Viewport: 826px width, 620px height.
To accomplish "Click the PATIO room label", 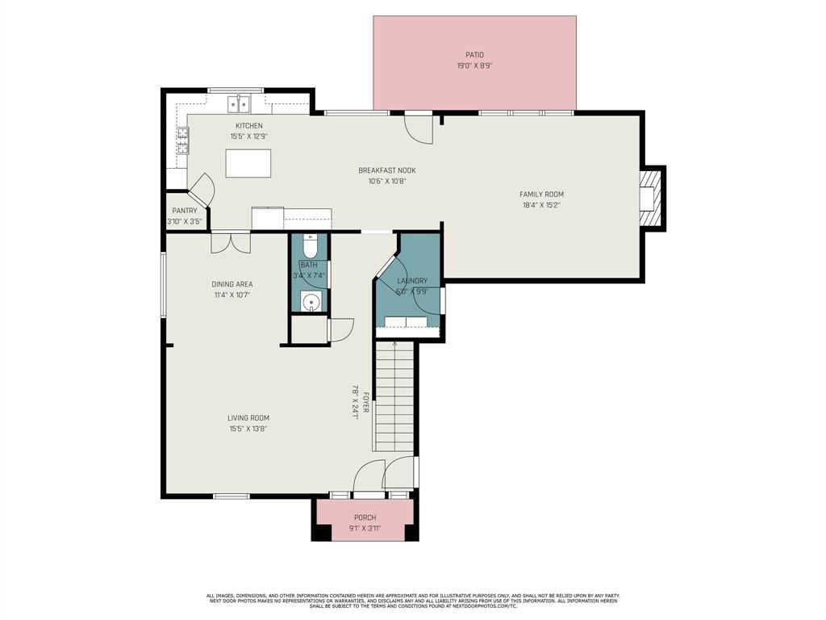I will pos(474,55).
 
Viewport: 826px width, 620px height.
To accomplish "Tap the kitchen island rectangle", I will pos(248,163).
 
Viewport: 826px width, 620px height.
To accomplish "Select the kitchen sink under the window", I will pos(238,103).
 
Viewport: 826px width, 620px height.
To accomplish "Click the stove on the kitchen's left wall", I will pos(183,141).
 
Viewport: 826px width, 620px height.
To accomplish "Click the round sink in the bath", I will pos(311,302).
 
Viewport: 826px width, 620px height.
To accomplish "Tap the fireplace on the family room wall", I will pos(650,199).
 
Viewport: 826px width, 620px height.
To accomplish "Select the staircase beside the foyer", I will pos(394,396).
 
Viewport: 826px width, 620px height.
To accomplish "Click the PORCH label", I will pos(365,517).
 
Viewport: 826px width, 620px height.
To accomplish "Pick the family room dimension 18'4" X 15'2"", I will pos(541,205).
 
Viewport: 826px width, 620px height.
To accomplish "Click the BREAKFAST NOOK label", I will pos(387,170).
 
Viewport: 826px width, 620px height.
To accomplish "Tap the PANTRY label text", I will pos(184,211).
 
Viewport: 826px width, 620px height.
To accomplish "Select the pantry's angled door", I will pos(202,191).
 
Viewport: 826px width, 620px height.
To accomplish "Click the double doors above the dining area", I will pos(230,242).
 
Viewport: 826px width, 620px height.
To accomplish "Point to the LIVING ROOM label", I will pos(248,418).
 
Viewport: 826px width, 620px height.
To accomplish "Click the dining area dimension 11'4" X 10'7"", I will pos(232,295).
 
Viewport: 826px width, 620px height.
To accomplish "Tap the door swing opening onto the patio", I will pos(418,128).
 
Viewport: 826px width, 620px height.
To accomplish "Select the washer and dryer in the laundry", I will pos(406,322).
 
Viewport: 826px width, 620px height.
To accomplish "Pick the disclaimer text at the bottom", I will pos(413,601).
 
